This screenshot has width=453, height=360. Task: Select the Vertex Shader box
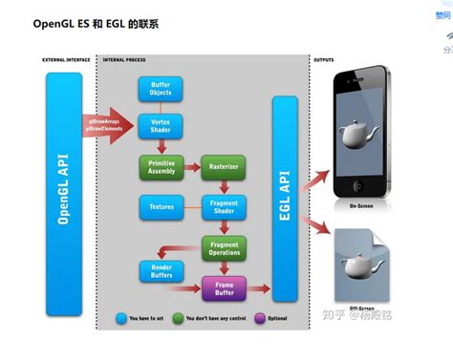pyautogui.click(x=161, y=128)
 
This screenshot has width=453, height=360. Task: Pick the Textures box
pyautogui.click(x=161, y=205)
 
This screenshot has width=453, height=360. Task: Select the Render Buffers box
pyautogui.click(x=161, y=271)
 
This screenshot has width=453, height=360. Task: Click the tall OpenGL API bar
pyautogui.click(x=64, y=196)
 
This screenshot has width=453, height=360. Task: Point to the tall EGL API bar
pyautogui.click(x=285, y=196)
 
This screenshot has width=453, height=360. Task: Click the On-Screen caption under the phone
pyautogui.click(x=360, y=206)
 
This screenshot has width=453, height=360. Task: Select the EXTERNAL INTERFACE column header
pyautogui.click(x=66, y=59)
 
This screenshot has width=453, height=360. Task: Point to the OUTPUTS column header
pyautogui.click(x=324, y=59)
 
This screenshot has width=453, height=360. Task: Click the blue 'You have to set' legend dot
pyautogui.click(x=121, y=316)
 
